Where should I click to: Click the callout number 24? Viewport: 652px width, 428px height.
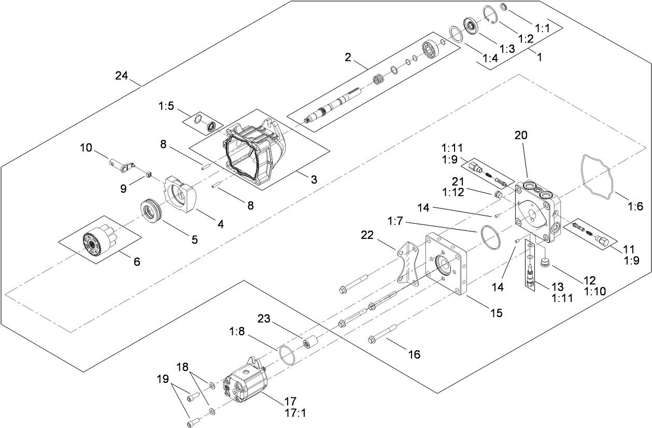(121, 76)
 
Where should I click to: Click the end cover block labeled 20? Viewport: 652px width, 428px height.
(536, 212)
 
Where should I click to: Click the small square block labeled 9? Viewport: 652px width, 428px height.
(147, 175)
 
